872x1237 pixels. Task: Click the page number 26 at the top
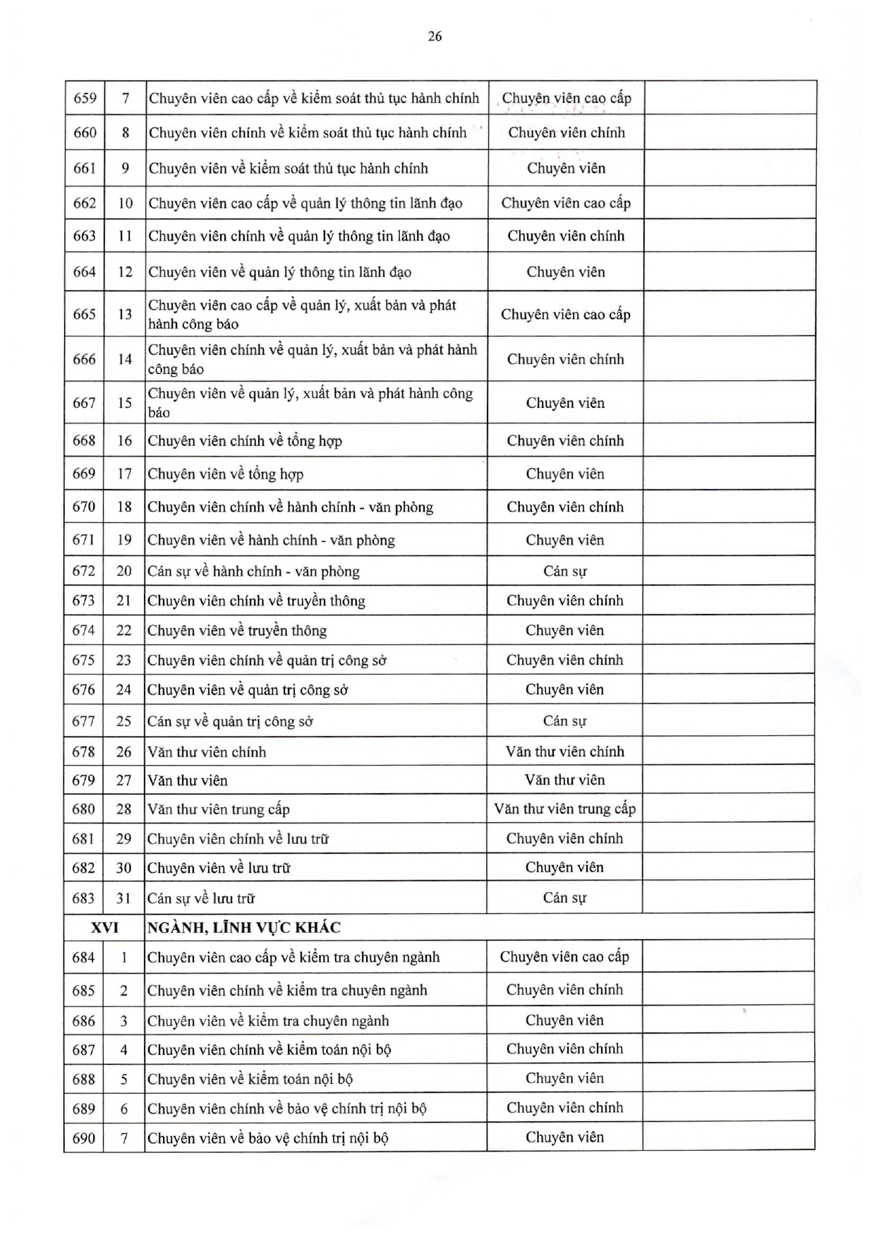pos(435,37)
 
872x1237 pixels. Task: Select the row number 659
pos(85,98)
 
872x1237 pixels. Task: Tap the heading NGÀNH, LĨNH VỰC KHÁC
pos(244,927)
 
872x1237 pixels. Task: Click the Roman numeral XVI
pos(104,927)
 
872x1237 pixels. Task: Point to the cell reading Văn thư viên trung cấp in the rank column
pos(564,809)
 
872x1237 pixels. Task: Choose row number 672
pos(84,571)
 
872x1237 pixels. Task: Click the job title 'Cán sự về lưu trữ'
pos(201,898)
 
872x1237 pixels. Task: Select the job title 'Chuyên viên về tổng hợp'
pos(226,474)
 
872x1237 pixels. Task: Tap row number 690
pos(84,1138)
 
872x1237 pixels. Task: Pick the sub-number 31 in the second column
pos(124,898)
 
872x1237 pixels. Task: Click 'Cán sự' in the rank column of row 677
pos(564,720)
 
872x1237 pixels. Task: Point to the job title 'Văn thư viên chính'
pos(207,752)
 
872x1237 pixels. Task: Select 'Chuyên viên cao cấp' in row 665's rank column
pos(565,314)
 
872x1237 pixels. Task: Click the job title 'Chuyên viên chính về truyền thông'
pos(256,601)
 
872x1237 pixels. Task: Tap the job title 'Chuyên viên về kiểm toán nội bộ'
pos(250,1079)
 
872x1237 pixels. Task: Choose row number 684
pos(84,957)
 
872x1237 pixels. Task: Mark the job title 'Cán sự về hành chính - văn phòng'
pos(253,571)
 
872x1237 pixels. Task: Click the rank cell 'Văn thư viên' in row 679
pos(564,780)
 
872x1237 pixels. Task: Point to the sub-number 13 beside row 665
pos(125,314)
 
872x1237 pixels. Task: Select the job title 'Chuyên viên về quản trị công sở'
pos(248,689)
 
